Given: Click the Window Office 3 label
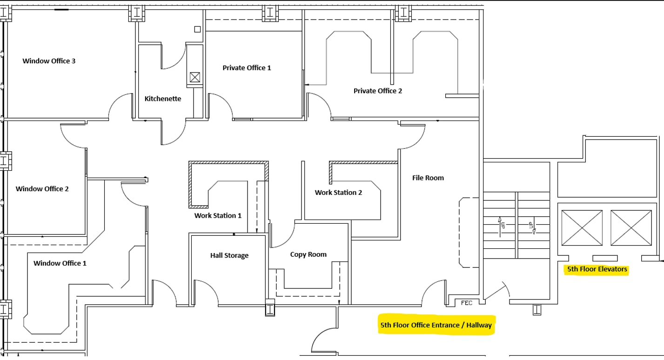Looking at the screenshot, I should [x=49, y=61].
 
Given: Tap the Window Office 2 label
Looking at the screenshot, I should [x=42, y=189].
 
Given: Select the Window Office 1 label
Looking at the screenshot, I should [x=60, y=263].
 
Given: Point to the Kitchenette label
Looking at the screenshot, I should [x=162, y=99].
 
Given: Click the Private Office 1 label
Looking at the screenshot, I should [x=247, y=68].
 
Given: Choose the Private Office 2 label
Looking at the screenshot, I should [x=377, y=91].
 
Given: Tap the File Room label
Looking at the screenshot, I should [x=428, y=178].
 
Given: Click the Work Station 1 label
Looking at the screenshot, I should [x=218, y=215].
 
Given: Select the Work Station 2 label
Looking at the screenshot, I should [x=338, y=192].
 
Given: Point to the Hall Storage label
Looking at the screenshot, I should [x=229, y=255].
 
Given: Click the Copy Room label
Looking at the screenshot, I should [x=308, y=254].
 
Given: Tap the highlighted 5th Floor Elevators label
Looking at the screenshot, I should [x=597, y=269].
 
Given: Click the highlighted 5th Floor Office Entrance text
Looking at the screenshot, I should [x=436, y=325].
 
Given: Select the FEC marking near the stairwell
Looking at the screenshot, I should [x=466, y=303].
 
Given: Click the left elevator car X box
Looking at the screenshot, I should [x=582, y=227].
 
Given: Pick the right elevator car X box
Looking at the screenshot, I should [x=631, y=227].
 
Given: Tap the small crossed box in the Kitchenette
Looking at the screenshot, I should [x=195, y=77].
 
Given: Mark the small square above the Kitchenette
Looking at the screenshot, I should [x=197, y=29].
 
